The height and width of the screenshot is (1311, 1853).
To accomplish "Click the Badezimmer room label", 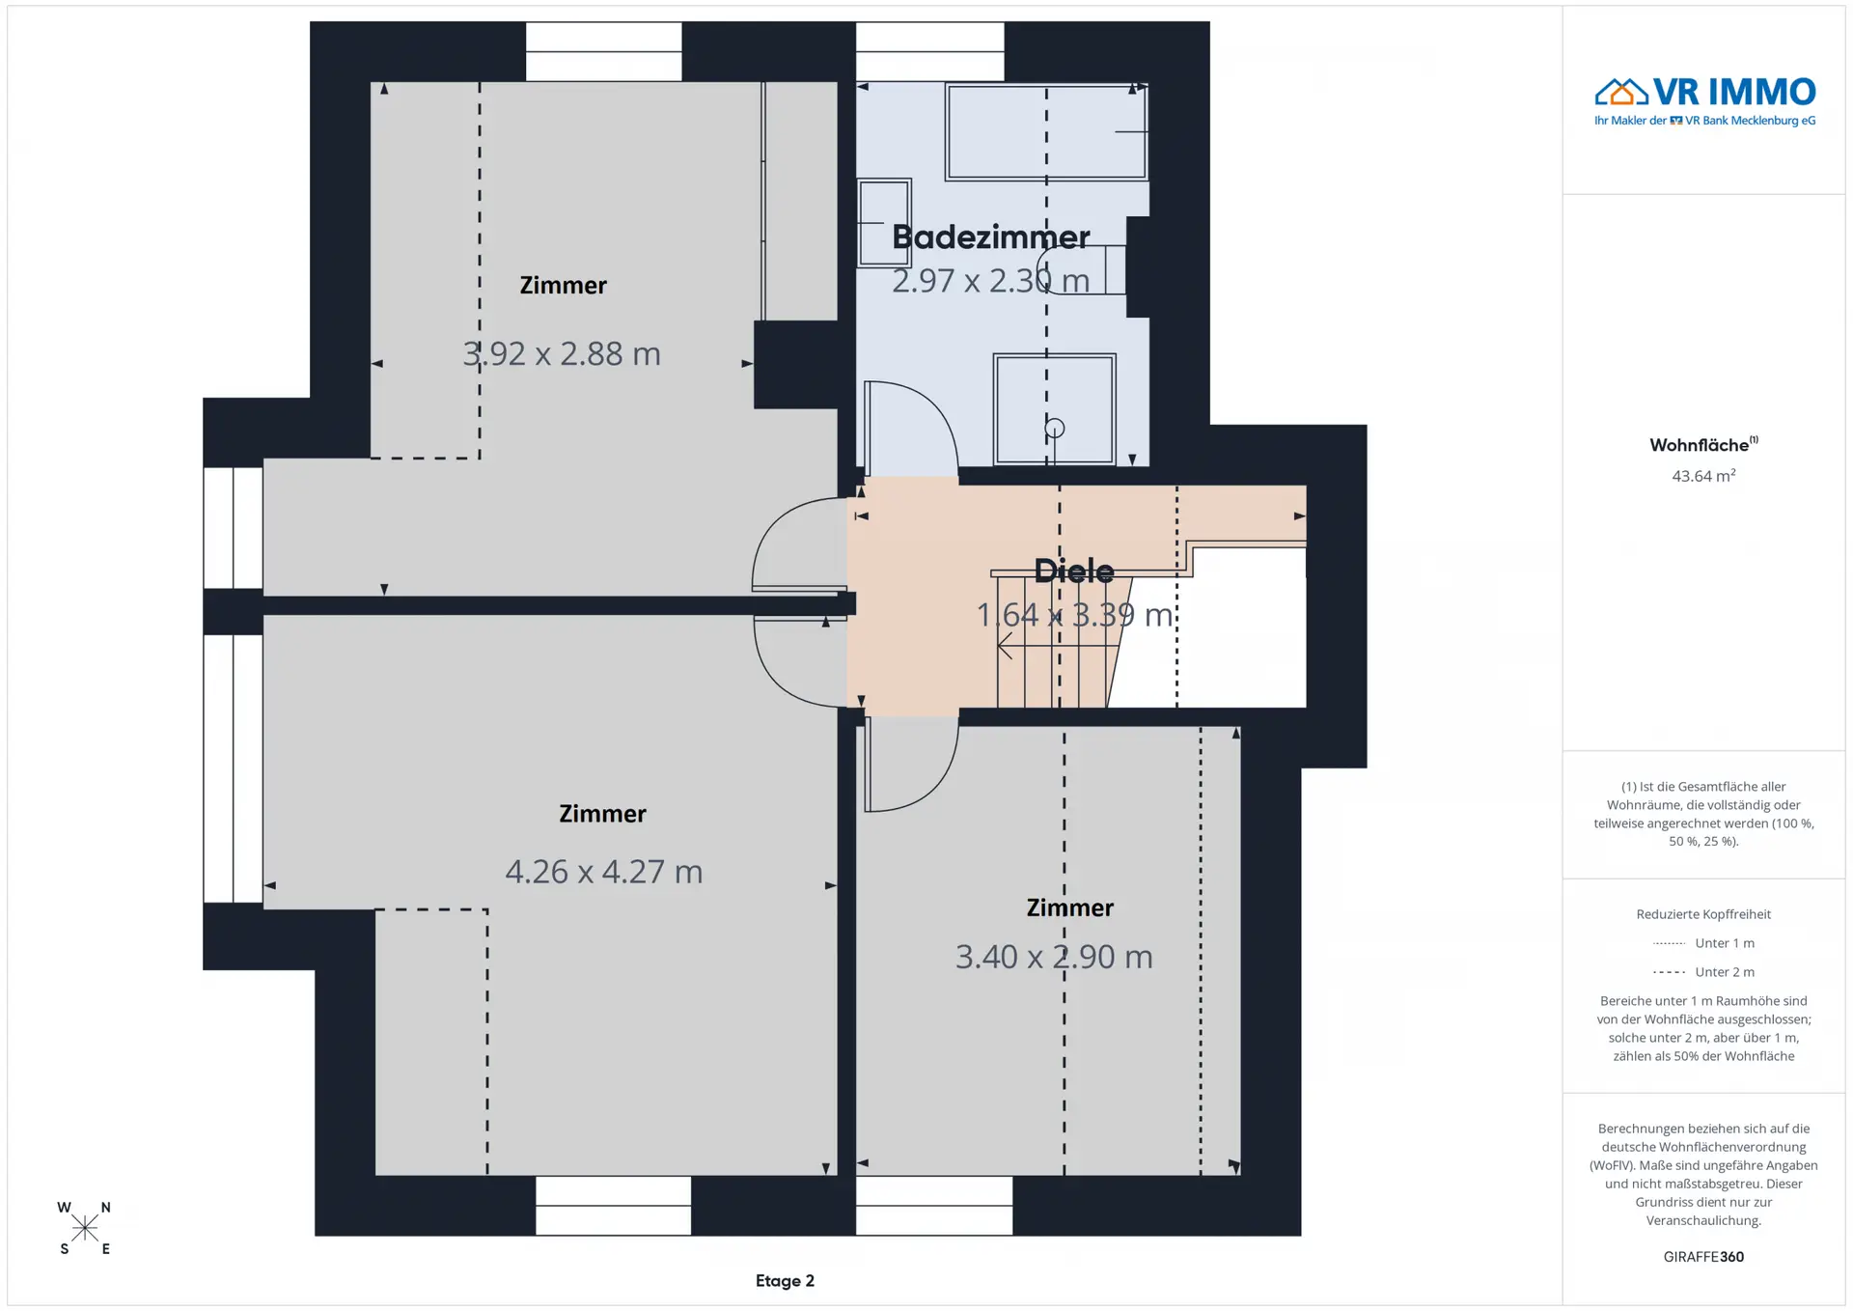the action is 990,237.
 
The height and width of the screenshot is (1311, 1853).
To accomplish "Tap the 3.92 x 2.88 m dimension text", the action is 562,354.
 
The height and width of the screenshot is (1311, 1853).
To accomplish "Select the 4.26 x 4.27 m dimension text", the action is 604,872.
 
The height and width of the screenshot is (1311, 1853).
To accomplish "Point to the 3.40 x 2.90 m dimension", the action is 1054,957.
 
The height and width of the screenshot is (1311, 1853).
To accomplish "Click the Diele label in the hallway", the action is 1074,571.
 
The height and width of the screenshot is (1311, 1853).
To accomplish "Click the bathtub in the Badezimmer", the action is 1046,132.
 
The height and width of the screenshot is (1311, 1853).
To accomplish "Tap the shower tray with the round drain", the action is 1055,409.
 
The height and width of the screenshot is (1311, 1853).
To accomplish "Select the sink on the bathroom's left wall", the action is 884,222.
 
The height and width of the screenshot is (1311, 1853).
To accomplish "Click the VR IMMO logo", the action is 1704,101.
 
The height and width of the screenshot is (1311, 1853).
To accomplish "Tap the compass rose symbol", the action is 85,1228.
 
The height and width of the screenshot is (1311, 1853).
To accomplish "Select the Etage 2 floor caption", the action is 785,1281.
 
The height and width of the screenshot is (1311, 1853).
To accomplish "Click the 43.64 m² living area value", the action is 1703,476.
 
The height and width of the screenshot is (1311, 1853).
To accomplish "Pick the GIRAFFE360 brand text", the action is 1703,1257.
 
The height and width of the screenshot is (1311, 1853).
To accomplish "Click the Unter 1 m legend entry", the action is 1703,943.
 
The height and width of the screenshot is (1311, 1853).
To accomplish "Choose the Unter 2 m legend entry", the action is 1703,972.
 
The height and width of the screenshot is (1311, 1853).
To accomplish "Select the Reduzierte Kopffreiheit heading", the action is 1703,914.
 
